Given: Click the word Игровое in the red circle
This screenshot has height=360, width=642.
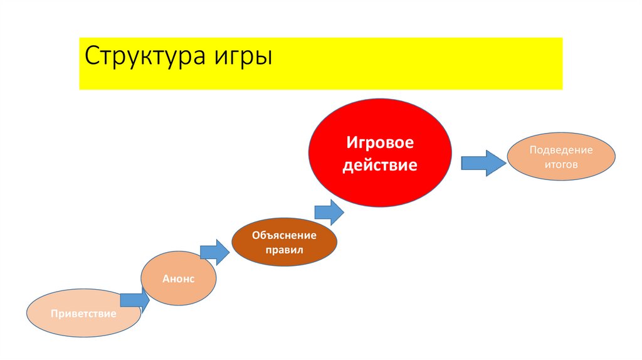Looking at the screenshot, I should coord(381,143).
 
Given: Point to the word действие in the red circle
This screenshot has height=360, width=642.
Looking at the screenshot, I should coord(381,166).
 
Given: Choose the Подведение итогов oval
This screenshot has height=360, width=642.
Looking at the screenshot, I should coord(560,157).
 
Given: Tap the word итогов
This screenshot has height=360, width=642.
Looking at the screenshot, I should coord(560,164).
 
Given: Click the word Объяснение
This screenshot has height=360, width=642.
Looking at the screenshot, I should coord(284,236).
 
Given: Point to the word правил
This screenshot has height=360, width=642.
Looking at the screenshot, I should coord(284,250).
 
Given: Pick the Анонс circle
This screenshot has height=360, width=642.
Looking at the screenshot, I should coord(179,278).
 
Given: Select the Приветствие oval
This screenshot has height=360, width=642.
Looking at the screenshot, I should coord(83,312).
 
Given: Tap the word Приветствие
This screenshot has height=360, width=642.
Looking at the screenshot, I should coord(83,313).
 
